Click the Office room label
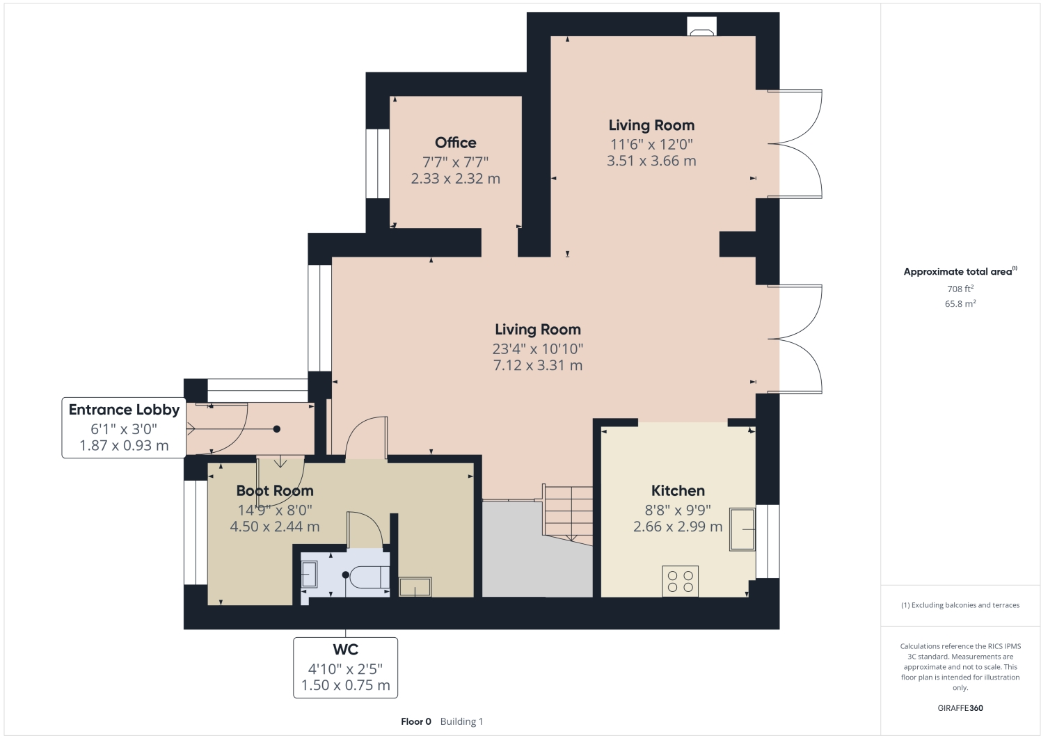coord(455,143)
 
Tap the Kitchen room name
coord(678,490)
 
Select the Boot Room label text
coord(275,490)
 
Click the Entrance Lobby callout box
coord(124,427)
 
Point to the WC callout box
coord(345,667)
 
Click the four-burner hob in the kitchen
coord(680,581)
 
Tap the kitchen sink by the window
coord(742,529)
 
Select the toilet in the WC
coord(369,577)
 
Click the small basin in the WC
coord(309,575)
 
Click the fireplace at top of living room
coord(701,27)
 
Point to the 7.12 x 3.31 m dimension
coord(537,365)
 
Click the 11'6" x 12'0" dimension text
coord(651,144)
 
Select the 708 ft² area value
coord(960,289)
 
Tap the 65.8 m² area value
coord(960,304)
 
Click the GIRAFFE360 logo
coord(960,708)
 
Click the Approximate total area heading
coord(960,271)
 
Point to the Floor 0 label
coord(416,721)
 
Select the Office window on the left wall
coord(378,163)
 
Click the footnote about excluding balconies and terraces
coord(960,605)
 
